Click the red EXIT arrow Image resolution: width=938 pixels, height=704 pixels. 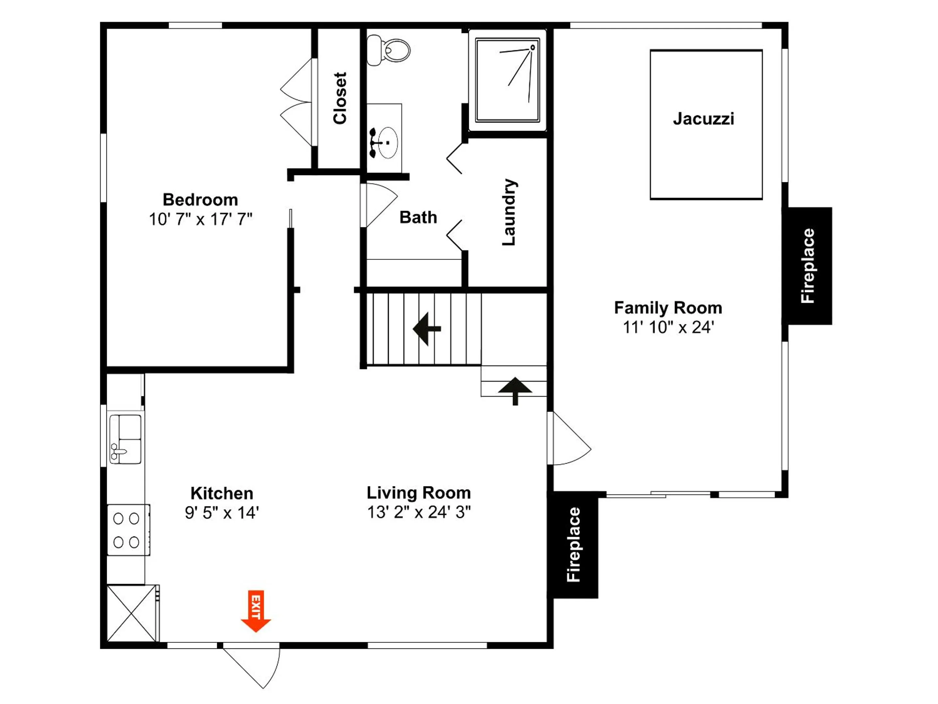[x=256, y=611]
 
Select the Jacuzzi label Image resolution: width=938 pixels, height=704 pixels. [x=704, y=119]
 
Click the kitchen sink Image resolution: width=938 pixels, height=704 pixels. [x=125, y=439]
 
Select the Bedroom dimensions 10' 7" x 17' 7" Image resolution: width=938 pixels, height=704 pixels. [x=200, y=220]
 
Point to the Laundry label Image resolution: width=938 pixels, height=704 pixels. [x=509, y=212]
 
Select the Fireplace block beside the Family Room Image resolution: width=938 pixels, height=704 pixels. [x=809, y=266]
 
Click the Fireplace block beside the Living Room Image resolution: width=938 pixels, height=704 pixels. [x=574, y=545]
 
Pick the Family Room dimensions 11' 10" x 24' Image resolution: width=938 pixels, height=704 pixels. [x=668, y=327]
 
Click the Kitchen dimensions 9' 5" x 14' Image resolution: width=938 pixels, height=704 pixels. [x=222, y=513]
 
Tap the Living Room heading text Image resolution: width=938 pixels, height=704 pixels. [x=419, y=493]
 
